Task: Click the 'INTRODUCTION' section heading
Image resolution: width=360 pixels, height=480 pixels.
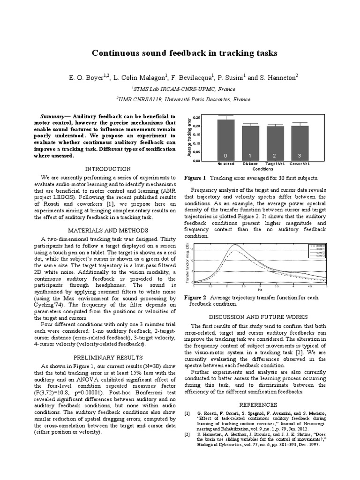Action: click(108, 169)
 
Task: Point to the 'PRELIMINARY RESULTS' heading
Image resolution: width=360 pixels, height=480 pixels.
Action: click(108, 356)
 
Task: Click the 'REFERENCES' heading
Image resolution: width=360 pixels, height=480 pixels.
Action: click(259, 405)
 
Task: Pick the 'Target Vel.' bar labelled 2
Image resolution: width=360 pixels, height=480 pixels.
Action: click(275, 143)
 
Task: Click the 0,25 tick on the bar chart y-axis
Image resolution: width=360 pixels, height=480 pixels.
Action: click(196, 117)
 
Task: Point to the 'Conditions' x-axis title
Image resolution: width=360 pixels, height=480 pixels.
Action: click(262, 168)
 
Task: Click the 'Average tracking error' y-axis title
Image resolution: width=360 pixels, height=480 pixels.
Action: click(190, 139)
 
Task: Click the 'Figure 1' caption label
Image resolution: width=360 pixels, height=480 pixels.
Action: click(195, 178)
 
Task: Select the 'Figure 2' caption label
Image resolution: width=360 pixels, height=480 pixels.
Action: click(195, 297)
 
